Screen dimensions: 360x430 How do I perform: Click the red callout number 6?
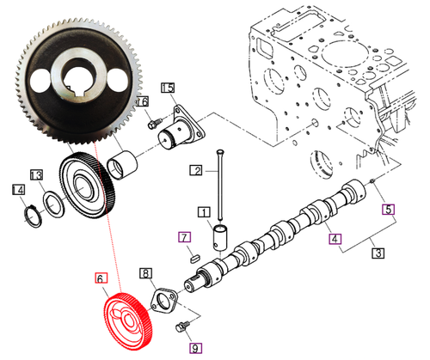pyautogui.click(x=100, y=278)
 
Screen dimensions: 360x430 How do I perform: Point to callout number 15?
pyautogui.click(x=167, y=88)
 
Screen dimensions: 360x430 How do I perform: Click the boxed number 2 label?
pyautogui.click(x=196, y=171)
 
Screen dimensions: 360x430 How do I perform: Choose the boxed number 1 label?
pyautogui.click(x=203, y=211)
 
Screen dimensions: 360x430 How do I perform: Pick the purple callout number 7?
pyautogui.click(x=183, y=236)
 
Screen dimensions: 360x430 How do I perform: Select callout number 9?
pyautogui.click(x=195, y=348)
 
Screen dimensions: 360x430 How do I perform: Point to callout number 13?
pyautogui.click(x=36, y=175)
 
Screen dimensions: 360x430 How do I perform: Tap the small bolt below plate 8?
pyautogui.click(x=181, y=326)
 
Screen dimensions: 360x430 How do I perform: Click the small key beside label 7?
pyautogui.click(x=193, y=255)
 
